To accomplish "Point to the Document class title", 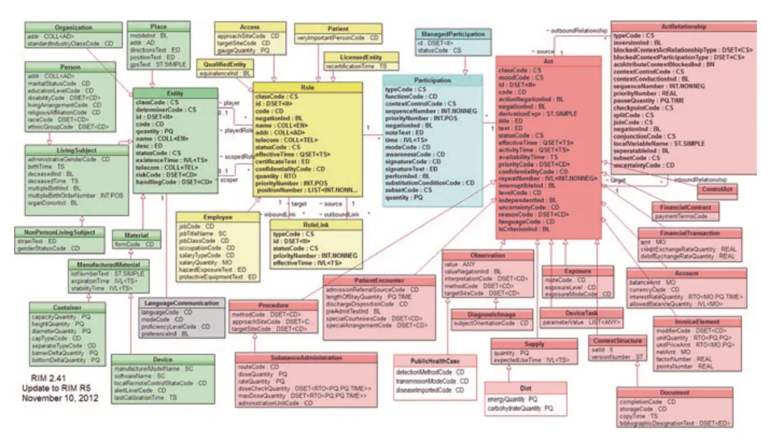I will click(674, 392).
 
